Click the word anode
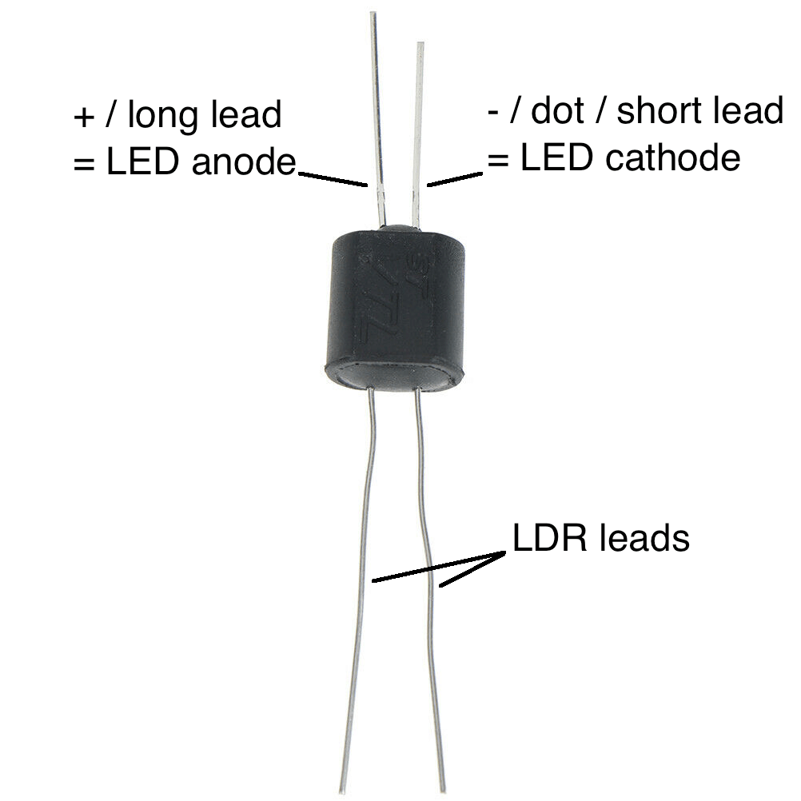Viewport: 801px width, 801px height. pos(244,162)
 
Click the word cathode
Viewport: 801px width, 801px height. pos(672,157)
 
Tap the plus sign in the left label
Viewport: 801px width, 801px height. pos(84,118)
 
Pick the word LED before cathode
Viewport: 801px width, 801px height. pos(557,157)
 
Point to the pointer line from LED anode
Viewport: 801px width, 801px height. pos(333,179)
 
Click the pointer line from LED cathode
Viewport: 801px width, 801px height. pos(455,179)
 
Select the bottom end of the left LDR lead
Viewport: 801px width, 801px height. pos(342,791)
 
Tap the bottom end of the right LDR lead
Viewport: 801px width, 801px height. pos(442,791)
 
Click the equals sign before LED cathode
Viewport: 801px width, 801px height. pos(498,159)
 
